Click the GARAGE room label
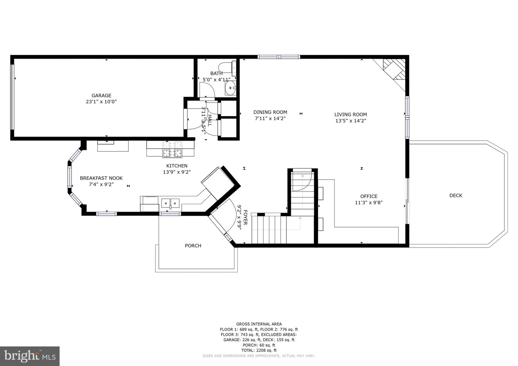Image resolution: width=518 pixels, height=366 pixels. coord(101,95)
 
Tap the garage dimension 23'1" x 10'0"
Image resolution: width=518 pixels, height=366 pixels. coord(101,102)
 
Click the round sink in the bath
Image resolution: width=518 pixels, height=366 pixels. coord(231,88)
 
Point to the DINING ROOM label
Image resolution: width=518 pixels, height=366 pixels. coord(270,112)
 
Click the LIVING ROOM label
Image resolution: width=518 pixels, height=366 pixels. coord(351,114)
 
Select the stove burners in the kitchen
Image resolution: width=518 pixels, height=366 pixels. coord(172,149)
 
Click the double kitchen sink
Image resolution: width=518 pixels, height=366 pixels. coord(170,203)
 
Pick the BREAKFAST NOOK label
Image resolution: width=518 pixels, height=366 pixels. coord(101,178)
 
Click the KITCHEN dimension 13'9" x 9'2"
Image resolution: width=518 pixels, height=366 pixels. coord(177,172)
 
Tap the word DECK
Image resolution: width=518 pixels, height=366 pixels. coord(456,196)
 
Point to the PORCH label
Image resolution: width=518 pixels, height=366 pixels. coord(193,246)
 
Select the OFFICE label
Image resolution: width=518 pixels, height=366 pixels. coord(369,196)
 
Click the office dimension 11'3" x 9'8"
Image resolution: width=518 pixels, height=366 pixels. coord(369,203)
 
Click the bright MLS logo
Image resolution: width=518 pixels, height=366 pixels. coord(30,356)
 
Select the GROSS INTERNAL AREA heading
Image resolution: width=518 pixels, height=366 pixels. coord(259,324)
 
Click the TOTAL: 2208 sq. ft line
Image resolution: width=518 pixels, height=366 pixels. coord(259,350)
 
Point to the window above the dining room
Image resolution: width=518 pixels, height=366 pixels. coord(279,56)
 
